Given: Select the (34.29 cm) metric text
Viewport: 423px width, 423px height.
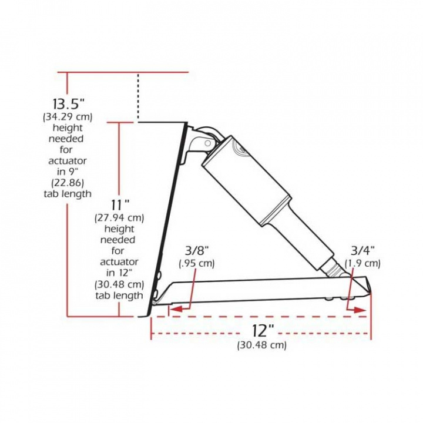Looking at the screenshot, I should [x=68, y=117].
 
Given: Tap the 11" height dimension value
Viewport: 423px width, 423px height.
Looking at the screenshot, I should [x=120, y=205].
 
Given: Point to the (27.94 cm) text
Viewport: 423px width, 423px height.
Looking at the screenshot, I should [x=120, y=218].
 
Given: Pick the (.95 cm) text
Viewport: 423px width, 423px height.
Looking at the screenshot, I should [x=197, y=263].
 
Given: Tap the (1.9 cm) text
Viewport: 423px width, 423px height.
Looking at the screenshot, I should [x=362, y=263].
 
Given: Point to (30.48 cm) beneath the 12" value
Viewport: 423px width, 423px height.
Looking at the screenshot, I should [x=262, y=345].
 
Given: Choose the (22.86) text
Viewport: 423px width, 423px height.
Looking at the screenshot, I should [x=68, y=183].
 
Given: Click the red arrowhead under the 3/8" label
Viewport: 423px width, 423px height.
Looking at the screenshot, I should [x=174, y=307].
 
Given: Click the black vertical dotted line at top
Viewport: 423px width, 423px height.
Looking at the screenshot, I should [x=138, y=97].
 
